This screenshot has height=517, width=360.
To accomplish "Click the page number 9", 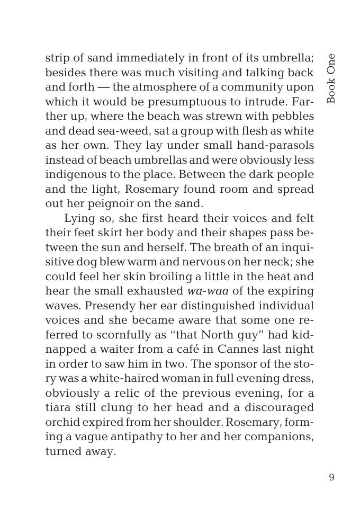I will pos(331,478).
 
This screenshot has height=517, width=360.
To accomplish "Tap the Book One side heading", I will pos(331,78).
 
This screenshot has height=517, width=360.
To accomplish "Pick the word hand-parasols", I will pos(276,145).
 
